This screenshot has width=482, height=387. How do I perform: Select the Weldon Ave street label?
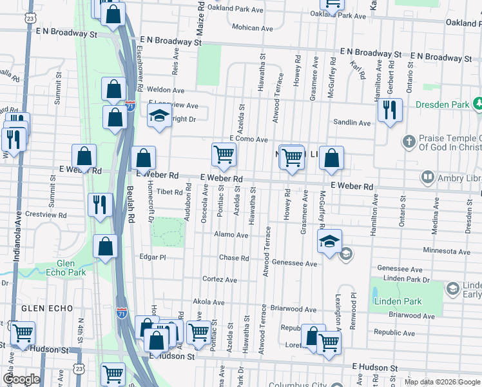[166, 90]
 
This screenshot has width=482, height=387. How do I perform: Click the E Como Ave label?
[249, 139]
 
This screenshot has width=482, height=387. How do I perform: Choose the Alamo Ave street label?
[231, 235]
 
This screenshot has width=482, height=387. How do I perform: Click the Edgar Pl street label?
[153, 257]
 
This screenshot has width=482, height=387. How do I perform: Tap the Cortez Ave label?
[220, 280]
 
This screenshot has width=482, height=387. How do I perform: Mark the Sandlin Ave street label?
[351, 123]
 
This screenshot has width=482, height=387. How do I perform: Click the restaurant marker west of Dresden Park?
[389, 110]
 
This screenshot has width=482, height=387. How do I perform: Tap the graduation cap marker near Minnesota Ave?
[329, 241]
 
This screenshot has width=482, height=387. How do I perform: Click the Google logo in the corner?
[21, 379]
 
